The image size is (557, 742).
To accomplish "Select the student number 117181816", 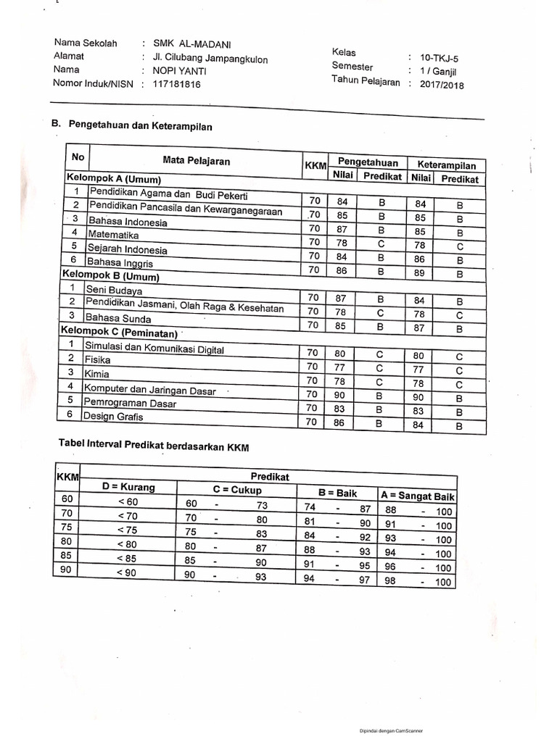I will pos(176,84).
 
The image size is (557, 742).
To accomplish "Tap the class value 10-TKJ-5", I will pos(434,57).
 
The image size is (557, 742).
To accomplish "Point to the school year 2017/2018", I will pos(437,85).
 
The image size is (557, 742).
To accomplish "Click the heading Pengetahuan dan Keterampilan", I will pos(140,125).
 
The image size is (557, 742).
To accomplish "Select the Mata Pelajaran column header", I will pos(197,161).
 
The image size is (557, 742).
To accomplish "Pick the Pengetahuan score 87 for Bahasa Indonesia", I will pos(342,229).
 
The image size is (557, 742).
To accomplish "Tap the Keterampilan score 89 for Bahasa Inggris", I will pos(419,273).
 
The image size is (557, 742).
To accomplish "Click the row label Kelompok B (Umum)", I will pos(110,276).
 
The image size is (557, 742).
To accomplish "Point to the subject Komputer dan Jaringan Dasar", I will pos(150,390).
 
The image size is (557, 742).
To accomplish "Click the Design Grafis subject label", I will pos(113,417).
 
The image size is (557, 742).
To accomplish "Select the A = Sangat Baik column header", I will pos(417,496).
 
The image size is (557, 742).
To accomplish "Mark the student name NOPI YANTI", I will pos(178,70).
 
